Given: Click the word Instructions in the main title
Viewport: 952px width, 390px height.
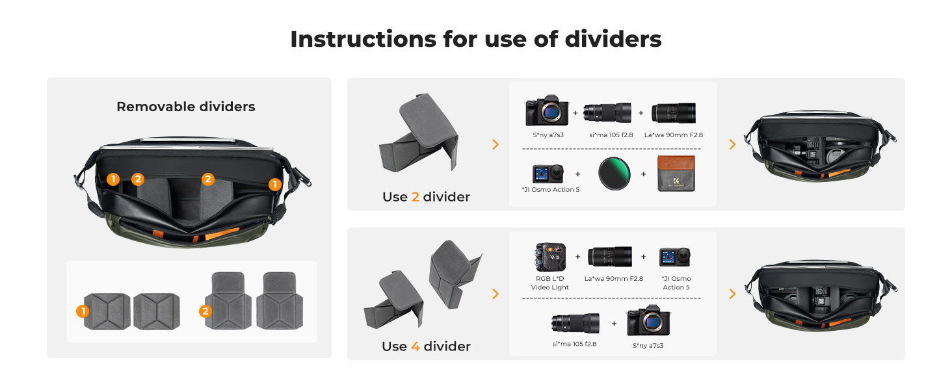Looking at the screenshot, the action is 363,39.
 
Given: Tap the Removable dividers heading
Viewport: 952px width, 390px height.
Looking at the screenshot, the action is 186,107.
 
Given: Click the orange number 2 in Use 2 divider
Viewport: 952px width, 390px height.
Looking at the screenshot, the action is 416,197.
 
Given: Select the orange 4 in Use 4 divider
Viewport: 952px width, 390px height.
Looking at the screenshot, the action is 416,346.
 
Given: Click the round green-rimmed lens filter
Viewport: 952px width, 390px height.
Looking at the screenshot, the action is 614,174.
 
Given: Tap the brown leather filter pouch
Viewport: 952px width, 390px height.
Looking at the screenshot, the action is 676,174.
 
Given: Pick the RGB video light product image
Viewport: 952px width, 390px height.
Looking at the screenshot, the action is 550,257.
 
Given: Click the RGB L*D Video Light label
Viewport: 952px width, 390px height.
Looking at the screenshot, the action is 549,283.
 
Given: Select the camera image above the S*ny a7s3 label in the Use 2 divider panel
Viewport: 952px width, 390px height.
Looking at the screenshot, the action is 547,110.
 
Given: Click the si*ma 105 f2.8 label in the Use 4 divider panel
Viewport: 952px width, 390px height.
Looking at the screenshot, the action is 574,344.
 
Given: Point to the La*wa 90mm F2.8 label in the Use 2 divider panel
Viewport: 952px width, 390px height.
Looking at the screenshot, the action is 673,135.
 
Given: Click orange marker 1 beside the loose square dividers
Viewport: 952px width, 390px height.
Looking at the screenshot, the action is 83,311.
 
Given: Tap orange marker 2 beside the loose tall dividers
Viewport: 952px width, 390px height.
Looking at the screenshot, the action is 205,311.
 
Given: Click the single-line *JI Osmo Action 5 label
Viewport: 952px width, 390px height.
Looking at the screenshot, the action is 550,190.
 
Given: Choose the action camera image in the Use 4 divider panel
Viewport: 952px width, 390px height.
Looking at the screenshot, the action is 675,257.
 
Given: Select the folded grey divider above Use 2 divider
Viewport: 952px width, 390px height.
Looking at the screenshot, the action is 419,133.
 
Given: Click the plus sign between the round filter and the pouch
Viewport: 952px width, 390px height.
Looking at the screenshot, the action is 644,174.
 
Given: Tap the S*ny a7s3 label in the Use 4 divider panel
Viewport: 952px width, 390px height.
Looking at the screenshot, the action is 648,346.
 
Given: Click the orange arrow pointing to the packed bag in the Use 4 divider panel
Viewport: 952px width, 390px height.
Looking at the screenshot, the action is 732,294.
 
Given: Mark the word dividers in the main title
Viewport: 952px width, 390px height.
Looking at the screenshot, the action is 613,39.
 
